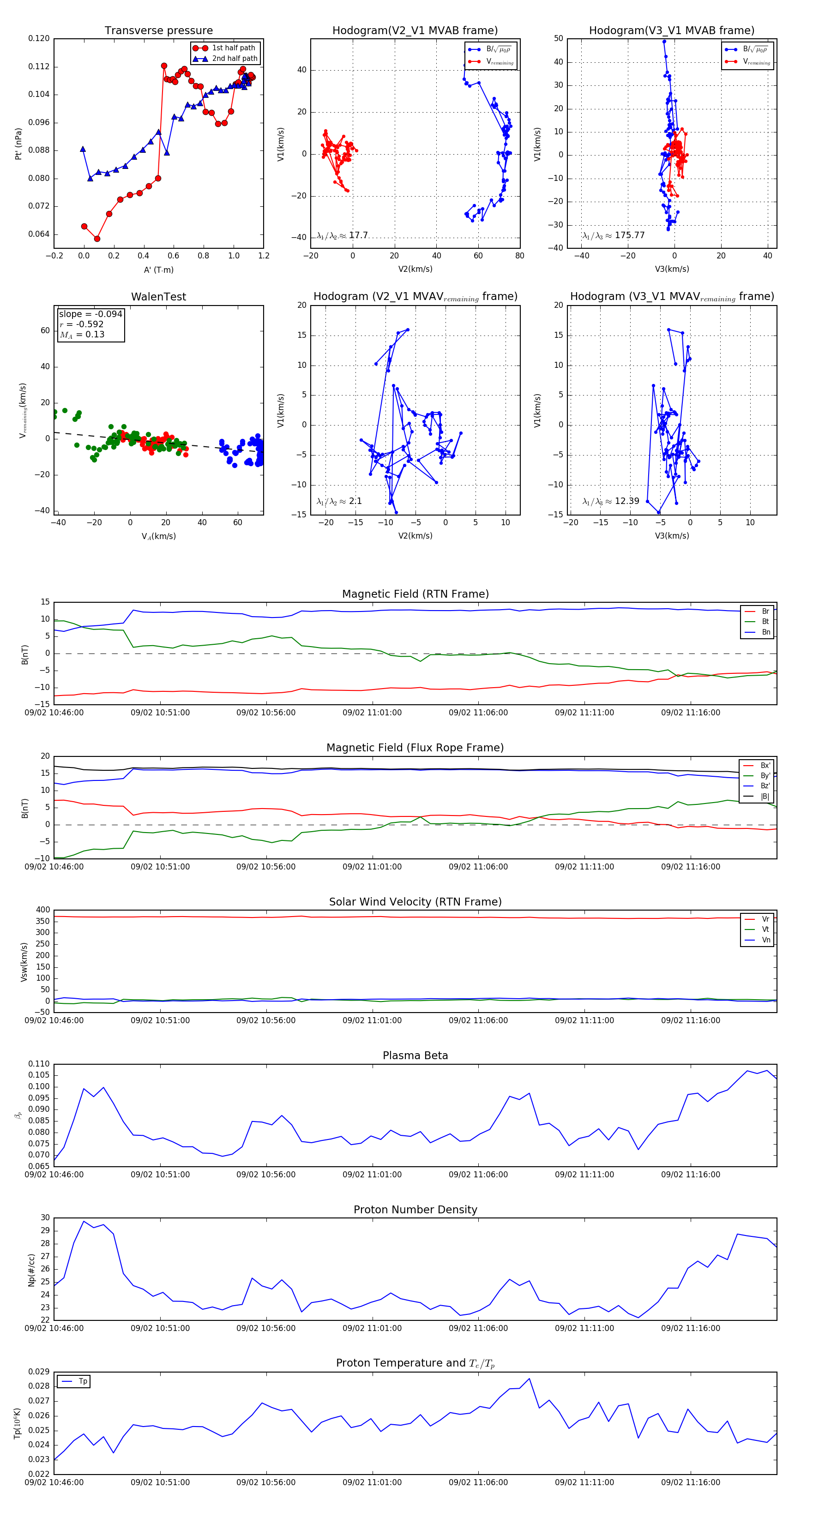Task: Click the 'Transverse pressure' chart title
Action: (x=158, y=31)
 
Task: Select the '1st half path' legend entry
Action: (x=234, y=48)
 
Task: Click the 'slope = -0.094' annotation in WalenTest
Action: (x=90, y=314)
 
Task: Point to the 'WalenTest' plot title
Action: (x=158, y=297)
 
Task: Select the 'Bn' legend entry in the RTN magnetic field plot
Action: (x=765, y=632)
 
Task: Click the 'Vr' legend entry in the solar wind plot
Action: (x=765, y=919)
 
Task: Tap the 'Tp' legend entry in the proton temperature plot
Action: (x=83, y=1381)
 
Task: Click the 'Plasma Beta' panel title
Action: (x=415, y=1055)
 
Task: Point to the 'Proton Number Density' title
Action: (x=415, y=1210)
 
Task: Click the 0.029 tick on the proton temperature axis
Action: (x=39, y=1372)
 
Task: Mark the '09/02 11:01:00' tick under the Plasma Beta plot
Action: (x=372, y=1175)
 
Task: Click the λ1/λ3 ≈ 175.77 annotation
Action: (x=614, y=235)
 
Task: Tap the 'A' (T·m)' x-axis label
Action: (x=158, y=270)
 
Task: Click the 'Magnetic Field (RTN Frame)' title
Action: (x=415, y=594)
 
